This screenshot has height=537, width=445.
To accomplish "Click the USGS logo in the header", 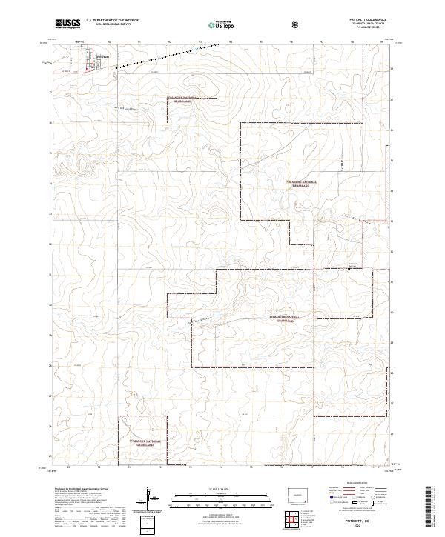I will tap(67, 24).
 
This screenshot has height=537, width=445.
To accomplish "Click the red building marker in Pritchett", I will tap(89, 71).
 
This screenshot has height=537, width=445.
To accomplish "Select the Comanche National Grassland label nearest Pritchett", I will tap(182, 99).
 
